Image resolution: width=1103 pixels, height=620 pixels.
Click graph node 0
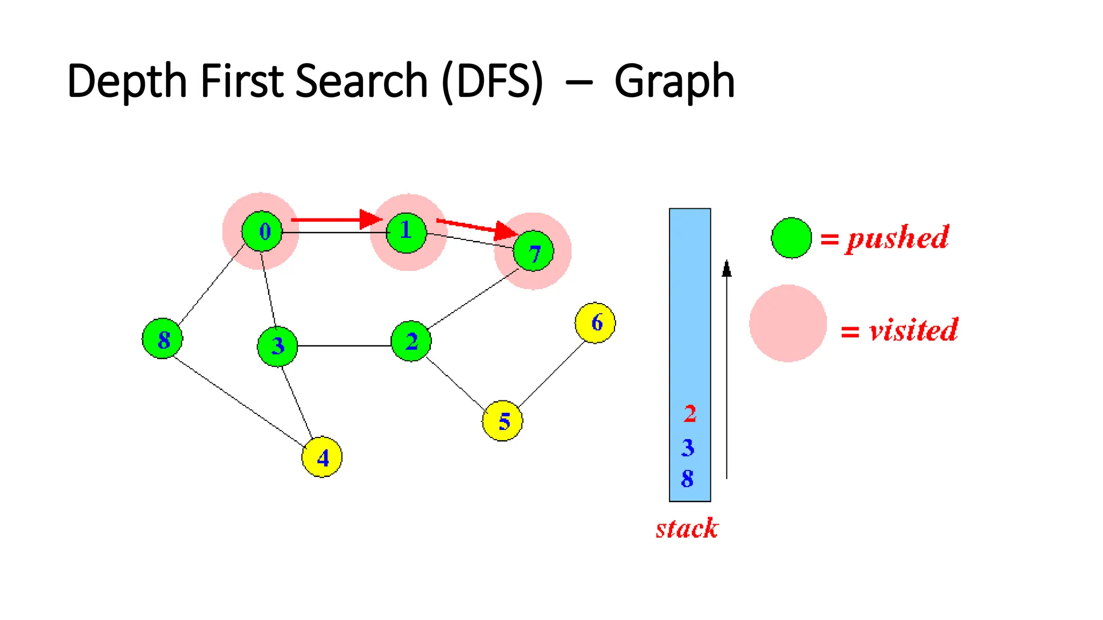click(x=262, y=231)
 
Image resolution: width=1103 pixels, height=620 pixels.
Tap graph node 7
click(x=533, y=251)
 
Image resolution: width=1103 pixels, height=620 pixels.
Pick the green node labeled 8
click(x=163, y=339)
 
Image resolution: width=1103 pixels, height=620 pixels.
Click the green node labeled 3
click(x=277, y=346)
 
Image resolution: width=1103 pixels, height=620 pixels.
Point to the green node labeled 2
click(x=411, y=341)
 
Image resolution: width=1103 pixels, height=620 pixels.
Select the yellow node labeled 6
click(x=595, y=323)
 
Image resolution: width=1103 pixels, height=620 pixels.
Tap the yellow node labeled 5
click(x=502, y=421)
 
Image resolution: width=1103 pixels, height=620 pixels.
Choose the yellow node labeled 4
click(x=322, y=457)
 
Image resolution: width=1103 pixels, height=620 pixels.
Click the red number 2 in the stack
click(x=690, y=414)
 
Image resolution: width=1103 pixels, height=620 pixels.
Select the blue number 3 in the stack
click(x=688, y=448)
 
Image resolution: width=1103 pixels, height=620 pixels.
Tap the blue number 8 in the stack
click(x=687, y=478)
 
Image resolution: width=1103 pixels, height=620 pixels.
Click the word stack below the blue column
click(x=687, y=529)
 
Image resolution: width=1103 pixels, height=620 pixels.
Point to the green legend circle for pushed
click(x=791, y=238)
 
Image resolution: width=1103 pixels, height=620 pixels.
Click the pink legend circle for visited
click(x=788, y=323)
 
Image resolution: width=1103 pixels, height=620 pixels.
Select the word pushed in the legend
click(x=897, y=238)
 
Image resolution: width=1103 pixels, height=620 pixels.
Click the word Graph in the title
click(x=674, y=82)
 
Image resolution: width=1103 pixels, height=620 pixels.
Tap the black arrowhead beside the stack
click(x=727, y=269)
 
